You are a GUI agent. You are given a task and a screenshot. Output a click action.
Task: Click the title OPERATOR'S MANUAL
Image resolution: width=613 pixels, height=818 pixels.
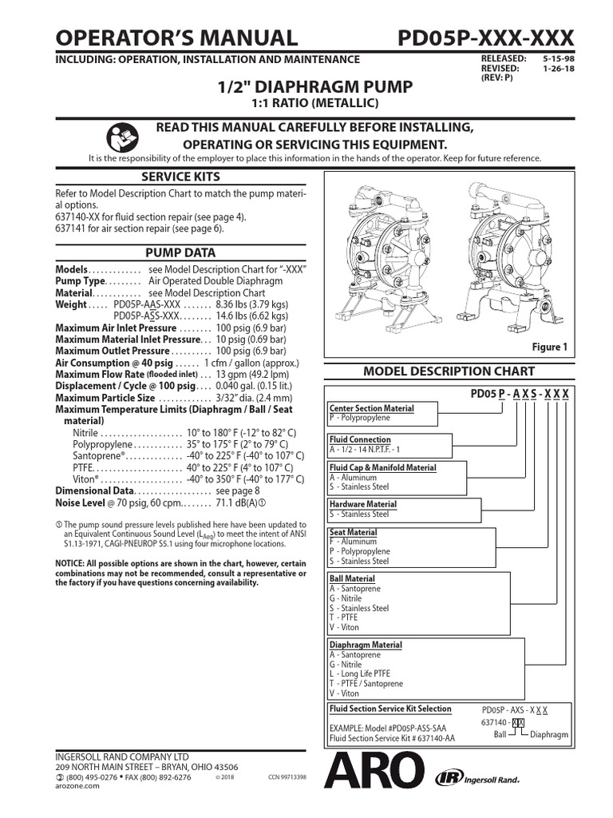(x=176, y=37)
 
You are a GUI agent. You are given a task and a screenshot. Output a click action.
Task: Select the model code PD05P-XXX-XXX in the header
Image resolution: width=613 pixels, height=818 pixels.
(x=485, y=37)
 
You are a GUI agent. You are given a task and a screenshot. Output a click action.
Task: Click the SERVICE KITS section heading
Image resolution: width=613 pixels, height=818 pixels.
(x=181, y=177)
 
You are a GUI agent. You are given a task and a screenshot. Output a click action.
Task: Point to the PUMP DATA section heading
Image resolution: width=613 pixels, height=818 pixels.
(x=181, y=253)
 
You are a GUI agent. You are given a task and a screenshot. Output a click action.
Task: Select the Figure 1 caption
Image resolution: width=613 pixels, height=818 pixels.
(x=549, y=347)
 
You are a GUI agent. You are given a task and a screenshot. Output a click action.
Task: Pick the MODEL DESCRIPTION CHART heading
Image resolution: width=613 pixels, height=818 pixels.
(x=449, y=371)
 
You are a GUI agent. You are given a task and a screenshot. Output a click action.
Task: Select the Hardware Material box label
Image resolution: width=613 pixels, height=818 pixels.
(x=363, y=504)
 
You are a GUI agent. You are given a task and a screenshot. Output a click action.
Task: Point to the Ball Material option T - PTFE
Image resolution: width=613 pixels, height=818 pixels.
(x=344, y=617)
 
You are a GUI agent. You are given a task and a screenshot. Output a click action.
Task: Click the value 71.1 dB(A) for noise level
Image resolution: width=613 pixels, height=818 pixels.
(x=239, y=503)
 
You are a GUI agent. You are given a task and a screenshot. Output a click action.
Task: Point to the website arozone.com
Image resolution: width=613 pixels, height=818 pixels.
(x=77, y=786)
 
